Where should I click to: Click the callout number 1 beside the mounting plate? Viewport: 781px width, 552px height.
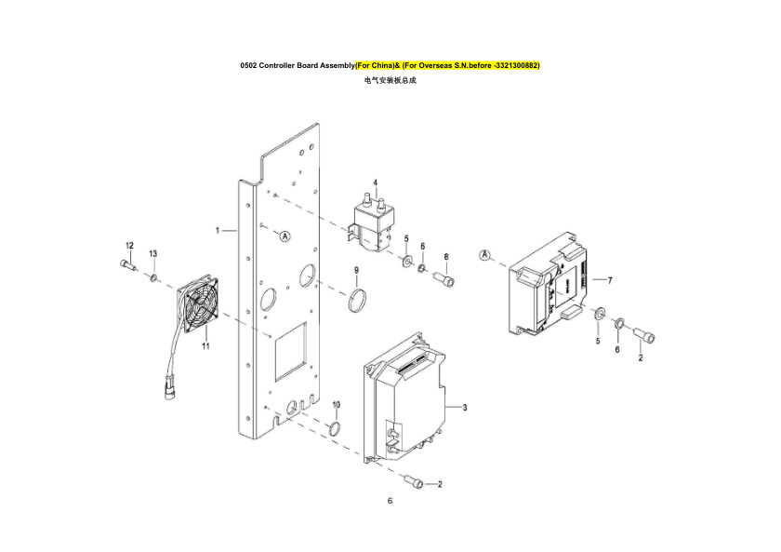pyautogui.click(x=218, y=228)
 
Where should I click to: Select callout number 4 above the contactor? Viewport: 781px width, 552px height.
pyautogui.click(x=375, y=182)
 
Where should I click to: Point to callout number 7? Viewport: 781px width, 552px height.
pyautogui.click(x=609, y=279)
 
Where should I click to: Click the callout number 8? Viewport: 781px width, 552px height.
pyautogui.click(x=446, y=256)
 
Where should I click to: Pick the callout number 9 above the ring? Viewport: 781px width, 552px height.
pyautogui.click(x=355, y=270)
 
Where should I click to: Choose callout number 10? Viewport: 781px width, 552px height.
pyautogui.click(x=337, y=405)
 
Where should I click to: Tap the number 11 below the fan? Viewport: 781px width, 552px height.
pyautogui.click(x=205, y=345)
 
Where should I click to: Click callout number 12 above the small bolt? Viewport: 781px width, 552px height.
pyautogui.click(x=129, y=245)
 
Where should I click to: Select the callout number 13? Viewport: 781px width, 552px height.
pyautogui.click(x=153, y=253)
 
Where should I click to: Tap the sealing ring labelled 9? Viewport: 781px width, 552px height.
pyautogui.click(x=356, y=301)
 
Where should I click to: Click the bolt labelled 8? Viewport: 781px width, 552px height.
pyautogui.click(x=444, y=277)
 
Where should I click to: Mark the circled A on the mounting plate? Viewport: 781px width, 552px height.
pyautogui.click(x=285, y=237)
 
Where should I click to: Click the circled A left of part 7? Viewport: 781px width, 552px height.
pyautogui.click(x=485, y=254)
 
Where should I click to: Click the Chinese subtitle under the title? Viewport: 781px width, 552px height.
pyautogui.click(x=390, y=81)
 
